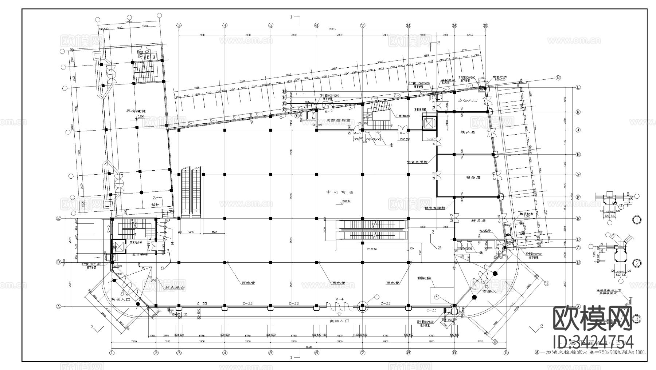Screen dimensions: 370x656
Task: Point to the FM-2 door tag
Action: (356, 134)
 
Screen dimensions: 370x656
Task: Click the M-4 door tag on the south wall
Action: (340, 299)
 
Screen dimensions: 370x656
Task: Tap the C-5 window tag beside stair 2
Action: (108, 230)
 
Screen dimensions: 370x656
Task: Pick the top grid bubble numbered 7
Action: (362, 25)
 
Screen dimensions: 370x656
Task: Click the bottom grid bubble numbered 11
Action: (506, 352)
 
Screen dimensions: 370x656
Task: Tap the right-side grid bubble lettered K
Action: (578, 112)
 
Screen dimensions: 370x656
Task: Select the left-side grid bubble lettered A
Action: (58, 307)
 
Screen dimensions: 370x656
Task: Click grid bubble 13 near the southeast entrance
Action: (546, 283)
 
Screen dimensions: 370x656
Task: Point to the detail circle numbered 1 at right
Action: (636, 220)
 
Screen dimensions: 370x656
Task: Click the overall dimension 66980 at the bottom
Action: (309, 347)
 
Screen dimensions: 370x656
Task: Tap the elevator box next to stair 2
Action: (118, 247)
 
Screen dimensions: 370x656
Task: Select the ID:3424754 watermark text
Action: (593, 342)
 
